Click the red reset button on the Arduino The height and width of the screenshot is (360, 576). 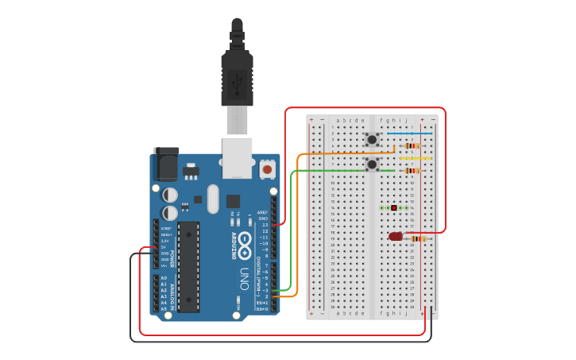(x=267, y=169)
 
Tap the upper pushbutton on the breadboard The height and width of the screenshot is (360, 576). (x=372, y=140)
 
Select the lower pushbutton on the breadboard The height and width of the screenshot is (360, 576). (x=372, y=165)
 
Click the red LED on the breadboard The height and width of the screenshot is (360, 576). (x=396, y=236)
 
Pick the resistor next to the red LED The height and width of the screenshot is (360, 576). (x=417, y=238)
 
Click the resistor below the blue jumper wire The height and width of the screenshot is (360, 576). (x=412, y=146)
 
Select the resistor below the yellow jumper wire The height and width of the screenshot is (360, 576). (x=412, y=171)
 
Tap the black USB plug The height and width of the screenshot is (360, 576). (x=237, y=75)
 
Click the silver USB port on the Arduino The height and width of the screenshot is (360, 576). (x=237, y=156)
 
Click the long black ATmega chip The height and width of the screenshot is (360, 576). (x=188, y=266)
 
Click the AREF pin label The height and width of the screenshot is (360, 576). (x=263, y=212)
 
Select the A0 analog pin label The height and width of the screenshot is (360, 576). (x=164, y=277)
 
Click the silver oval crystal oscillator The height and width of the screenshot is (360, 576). (x=213, y=199)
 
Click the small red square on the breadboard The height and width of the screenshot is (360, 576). (x=394, y=208)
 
